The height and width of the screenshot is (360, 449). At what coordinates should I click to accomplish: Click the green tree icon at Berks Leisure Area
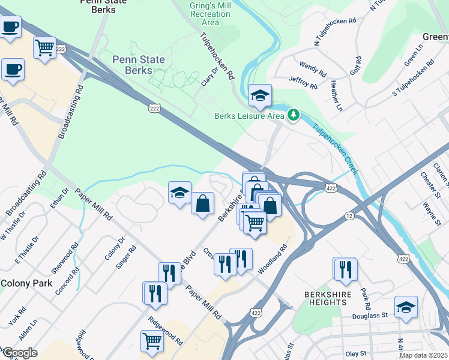[x=294, y=114]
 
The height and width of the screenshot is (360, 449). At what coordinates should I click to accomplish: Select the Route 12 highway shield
[x=349, y=215]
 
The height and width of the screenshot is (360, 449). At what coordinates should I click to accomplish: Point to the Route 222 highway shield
[x=154, y=107]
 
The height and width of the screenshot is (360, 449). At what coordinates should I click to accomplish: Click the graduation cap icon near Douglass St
[x=406, y=307]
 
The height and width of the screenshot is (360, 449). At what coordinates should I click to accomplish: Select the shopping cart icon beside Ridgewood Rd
[x=152, y=341]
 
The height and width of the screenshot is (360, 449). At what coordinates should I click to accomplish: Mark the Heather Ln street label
[x=336, y=97]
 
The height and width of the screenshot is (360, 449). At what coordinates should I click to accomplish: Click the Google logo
[x=19, y=353]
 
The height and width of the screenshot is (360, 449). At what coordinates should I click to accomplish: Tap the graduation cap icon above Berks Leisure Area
[x=261, y=95]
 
